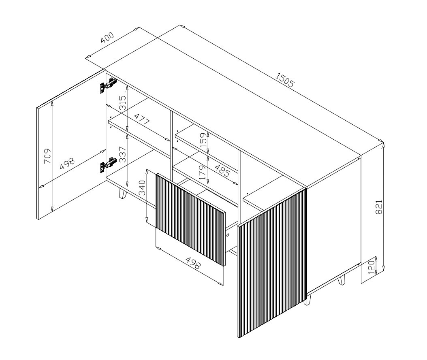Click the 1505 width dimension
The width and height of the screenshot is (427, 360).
pyautogui.click(x=284, y=79)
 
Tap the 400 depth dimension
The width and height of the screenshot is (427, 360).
pyautogui.click(x=107, y=38)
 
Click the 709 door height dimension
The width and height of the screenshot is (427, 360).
pyautogui.click(x=47, y=156)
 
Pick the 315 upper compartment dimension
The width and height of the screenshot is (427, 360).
pyautogui.click(x=123, y=102)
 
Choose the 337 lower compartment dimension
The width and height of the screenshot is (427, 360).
pyautogui.click(x=123, y=155)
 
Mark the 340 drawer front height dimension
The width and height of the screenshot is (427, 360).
pyautogui.click(x=142, y=188)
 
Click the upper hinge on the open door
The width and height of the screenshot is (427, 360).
pyautogui.click(x=108, y=84)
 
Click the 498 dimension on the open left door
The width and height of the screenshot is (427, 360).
pyautogui.click(x=67, y=164)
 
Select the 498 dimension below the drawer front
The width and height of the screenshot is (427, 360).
pyautogui.click(x=193, y=262)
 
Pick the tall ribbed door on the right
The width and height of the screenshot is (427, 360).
pyautogui.click(x=272, y=263)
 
